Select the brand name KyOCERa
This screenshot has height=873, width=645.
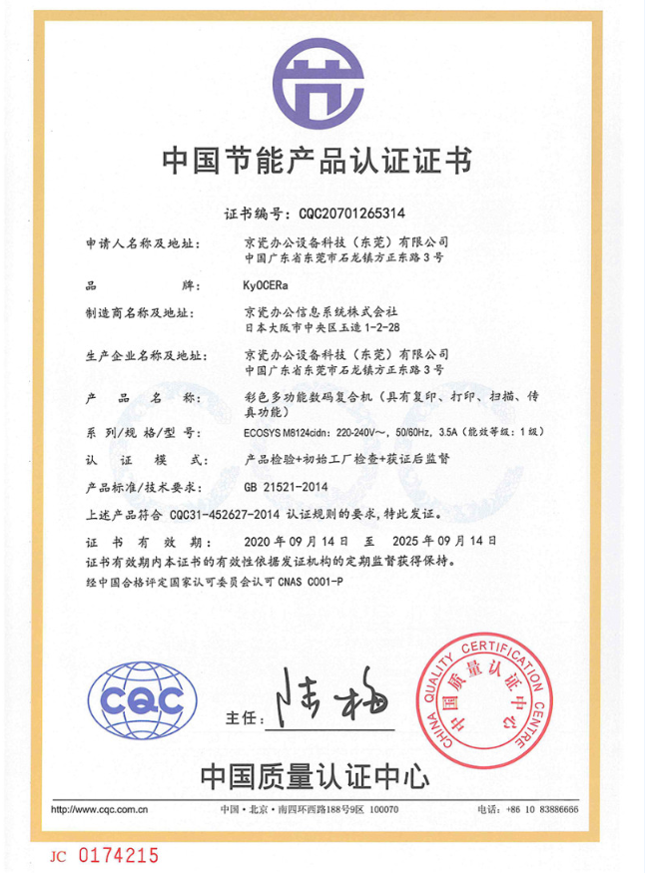pos(266,285)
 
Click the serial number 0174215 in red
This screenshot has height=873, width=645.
pos(119,855)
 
